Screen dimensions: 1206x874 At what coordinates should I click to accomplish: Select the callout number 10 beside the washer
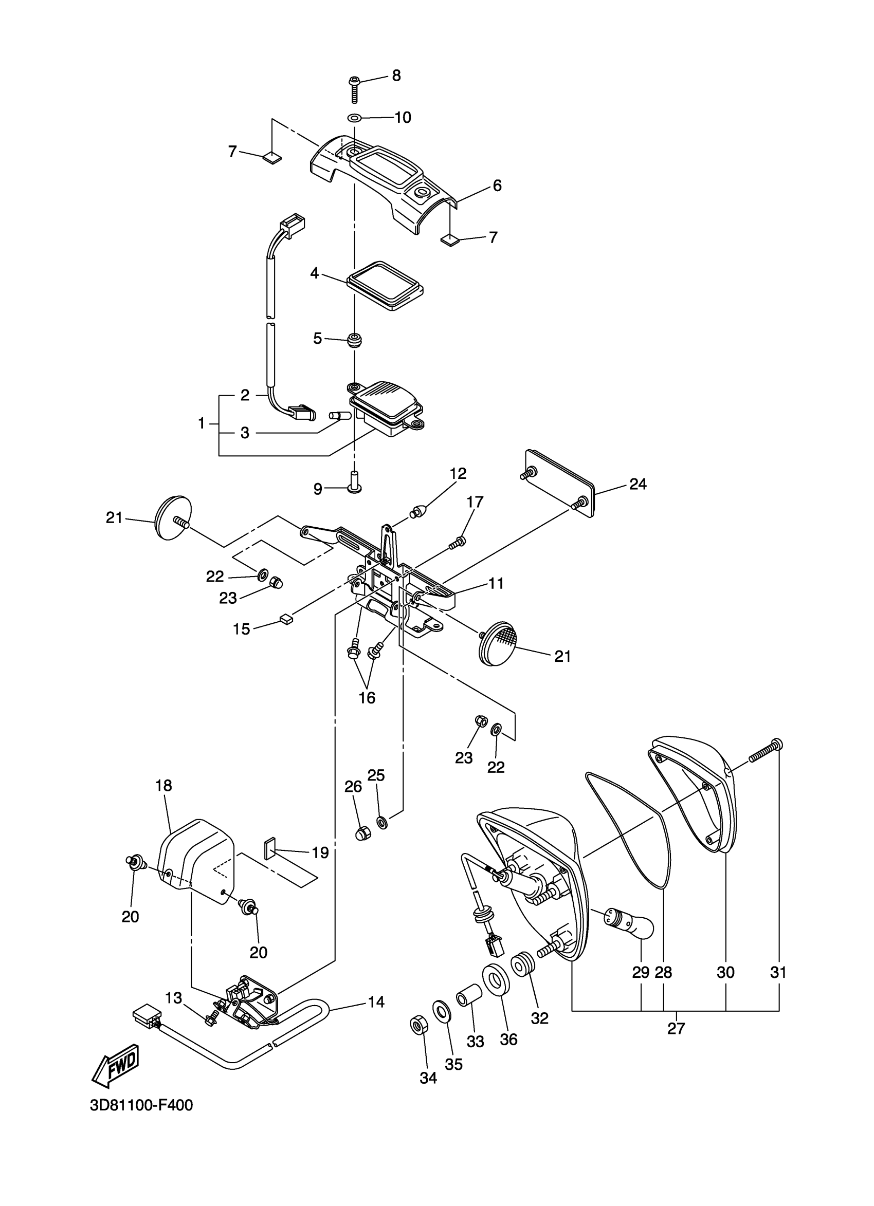coord(403,118)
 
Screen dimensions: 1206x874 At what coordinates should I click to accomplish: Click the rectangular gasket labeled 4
coord(385,285)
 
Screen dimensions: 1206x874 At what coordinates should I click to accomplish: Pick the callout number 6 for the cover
coord(497,185)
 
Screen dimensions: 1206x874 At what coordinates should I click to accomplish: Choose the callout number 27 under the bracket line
coord(676,1028)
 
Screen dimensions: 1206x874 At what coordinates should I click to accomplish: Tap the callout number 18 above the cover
coord(163,785)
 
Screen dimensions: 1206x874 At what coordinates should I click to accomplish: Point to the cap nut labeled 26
coord(363,833)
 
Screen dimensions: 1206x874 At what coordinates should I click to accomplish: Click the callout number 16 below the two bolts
coord(367,698)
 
